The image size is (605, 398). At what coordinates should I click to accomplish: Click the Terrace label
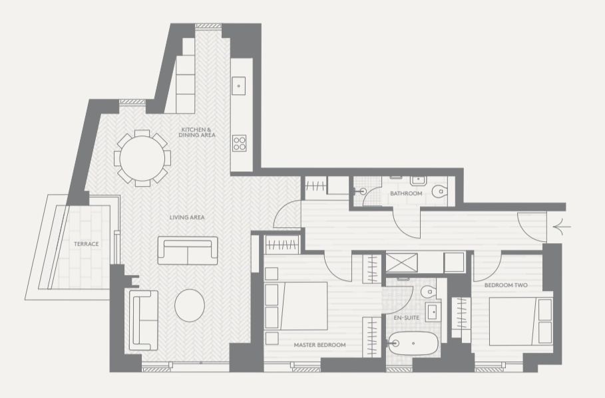click(x=87, y=244)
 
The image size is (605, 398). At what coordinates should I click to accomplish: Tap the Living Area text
click(x=187, y=217)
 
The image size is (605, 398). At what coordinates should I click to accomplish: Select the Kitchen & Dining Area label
click(x=197, y=132)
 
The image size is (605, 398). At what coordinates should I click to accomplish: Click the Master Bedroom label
click(x=320, y=345)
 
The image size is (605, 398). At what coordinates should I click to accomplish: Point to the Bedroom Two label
click(x=506, y=285)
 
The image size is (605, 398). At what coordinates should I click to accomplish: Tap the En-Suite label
click(x=406, y=318)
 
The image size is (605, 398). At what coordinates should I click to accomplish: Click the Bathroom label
click(x=406, y=193)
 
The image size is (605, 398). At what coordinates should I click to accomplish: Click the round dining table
click(x=142, y=158)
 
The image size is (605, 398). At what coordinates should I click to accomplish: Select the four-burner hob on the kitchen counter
click(x=239, y=143)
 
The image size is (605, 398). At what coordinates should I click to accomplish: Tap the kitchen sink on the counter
click(x=238, y=86)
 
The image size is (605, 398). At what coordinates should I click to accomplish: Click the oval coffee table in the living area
click(x=190, y=305)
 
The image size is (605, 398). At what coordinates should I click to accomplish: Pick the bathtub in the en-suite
click(x=413, y=343)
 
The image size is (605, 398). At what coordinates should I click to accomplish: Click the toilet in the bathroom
click(x=439, y=191)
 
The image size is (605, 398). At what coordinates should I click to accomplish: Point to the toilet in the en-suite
click(x=428, y=292)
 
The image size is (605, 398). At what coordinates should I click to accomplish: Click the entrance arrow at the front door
click(x=562, y=227)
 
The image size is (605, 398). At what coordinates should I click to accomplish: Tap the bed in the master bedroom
click(x=296, y=306)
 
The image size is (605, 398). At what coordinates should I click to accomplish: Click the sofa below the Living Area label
click(x=188, y=250)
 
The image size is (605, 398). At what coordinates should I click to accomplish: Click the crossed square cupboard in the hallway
click(x=401, y=262)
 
